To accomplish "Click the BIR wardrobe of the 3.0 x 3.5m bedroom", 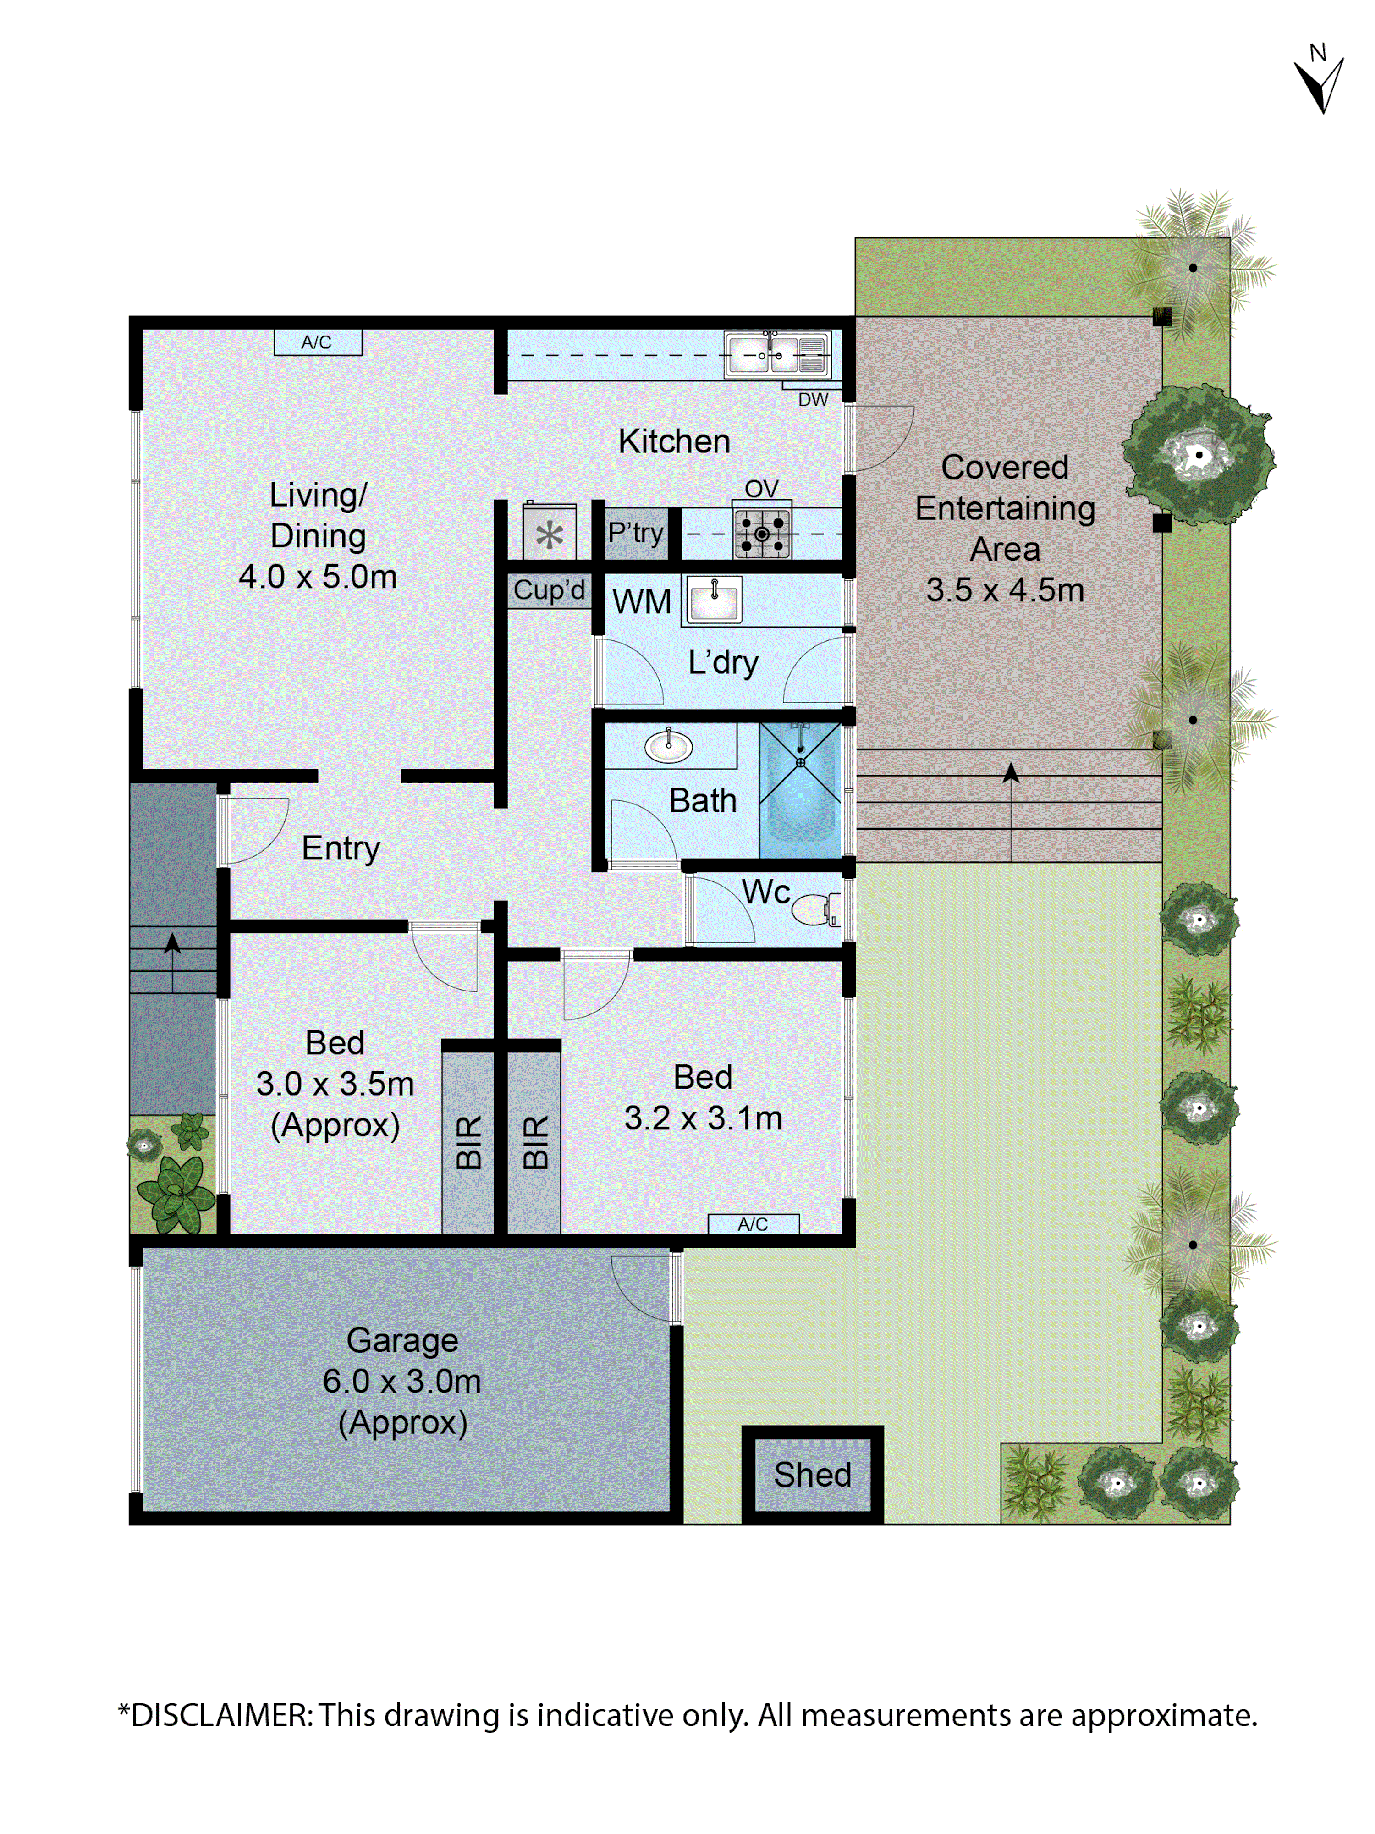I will tap(468, 1142).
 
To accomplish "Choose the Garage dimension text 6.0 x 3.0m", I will tap(402, 1381).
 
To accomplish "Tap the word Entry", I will tap(341, 848).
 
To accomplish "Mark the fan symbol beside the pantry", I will tap(549, 535).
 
